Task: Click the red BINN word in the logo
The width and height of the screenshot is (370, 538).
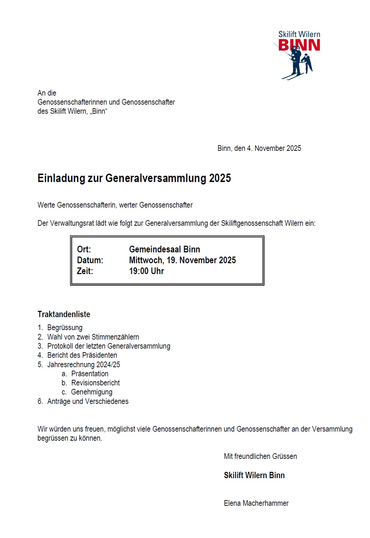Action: pos(299,45)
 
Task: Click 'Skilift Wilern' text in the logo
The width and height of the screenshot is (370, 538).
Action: pos(299,34)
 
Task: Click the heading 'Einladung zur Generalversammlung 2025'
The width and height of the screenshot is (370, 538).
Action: pos(134,178)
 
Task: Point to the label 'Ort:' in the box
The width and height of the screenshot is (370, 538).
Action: pos(84,250)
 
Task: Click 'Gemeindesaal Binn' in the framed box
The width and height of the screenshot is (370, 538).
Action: pos(164,250)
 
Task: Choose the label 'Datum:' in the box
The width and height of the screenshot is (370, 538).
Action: pos(90,260)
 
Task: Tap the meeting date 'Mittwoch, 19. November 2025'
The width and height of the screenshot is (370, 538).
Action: pos(182,260)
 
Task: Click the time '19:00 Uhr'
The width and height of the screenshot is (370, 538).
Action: pos(146,271)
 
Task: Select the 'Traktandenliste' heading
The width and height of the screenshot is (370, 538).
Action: pos(64,314)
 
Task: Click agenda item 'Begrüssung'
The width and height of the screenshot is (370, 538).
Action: pos(65,328)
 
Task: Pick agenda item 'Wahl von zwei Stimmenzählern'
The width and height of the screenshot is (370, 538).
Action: pos(93,337)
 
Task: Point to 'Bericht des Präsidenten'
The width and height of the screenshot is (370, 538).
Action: pos(82,355)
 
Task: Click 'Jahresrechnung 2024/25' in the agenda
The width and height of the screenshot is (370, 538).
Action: pos(84,365)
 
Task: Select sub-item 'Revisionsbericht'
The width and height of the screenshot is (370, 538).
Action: pos(95,383)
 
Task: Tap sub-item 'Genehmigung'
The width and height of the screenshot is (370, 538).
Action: pos(92,392)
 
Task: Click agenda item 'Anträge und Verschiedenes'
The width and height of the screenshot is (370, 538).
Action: pos(88,401)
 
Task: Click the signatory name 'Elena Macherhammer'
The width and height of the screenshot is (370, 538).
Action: pos(256,503)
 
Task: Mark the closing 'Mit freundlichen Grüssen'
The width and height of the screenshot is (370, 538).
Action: pos(260,456)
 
